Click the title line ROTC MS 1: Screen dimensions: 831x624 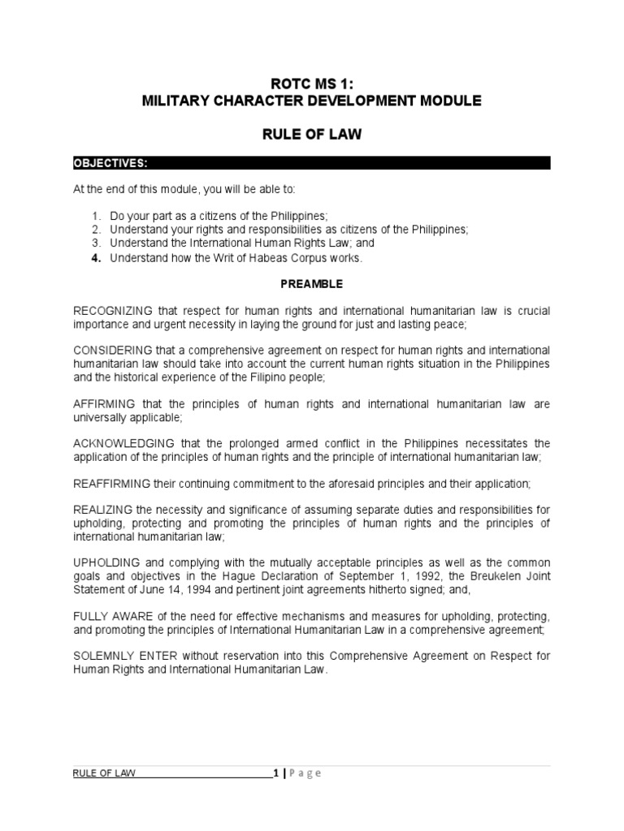pos(311,81)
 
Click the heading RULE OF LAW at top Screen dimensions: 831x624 pos(311,135)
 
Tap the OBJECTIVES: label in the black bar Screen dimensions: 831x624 pos(110,163)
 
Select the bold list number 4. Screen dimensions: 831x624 pos(95,258)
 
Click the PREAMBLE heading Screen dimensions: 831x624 pos(312,285)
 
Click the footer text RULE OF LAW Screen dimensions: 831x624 pos(104,773)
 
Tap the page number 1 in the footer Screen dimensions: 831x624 pos(275,773)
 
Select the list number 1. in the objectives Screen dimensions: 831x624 pos(95,216)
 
